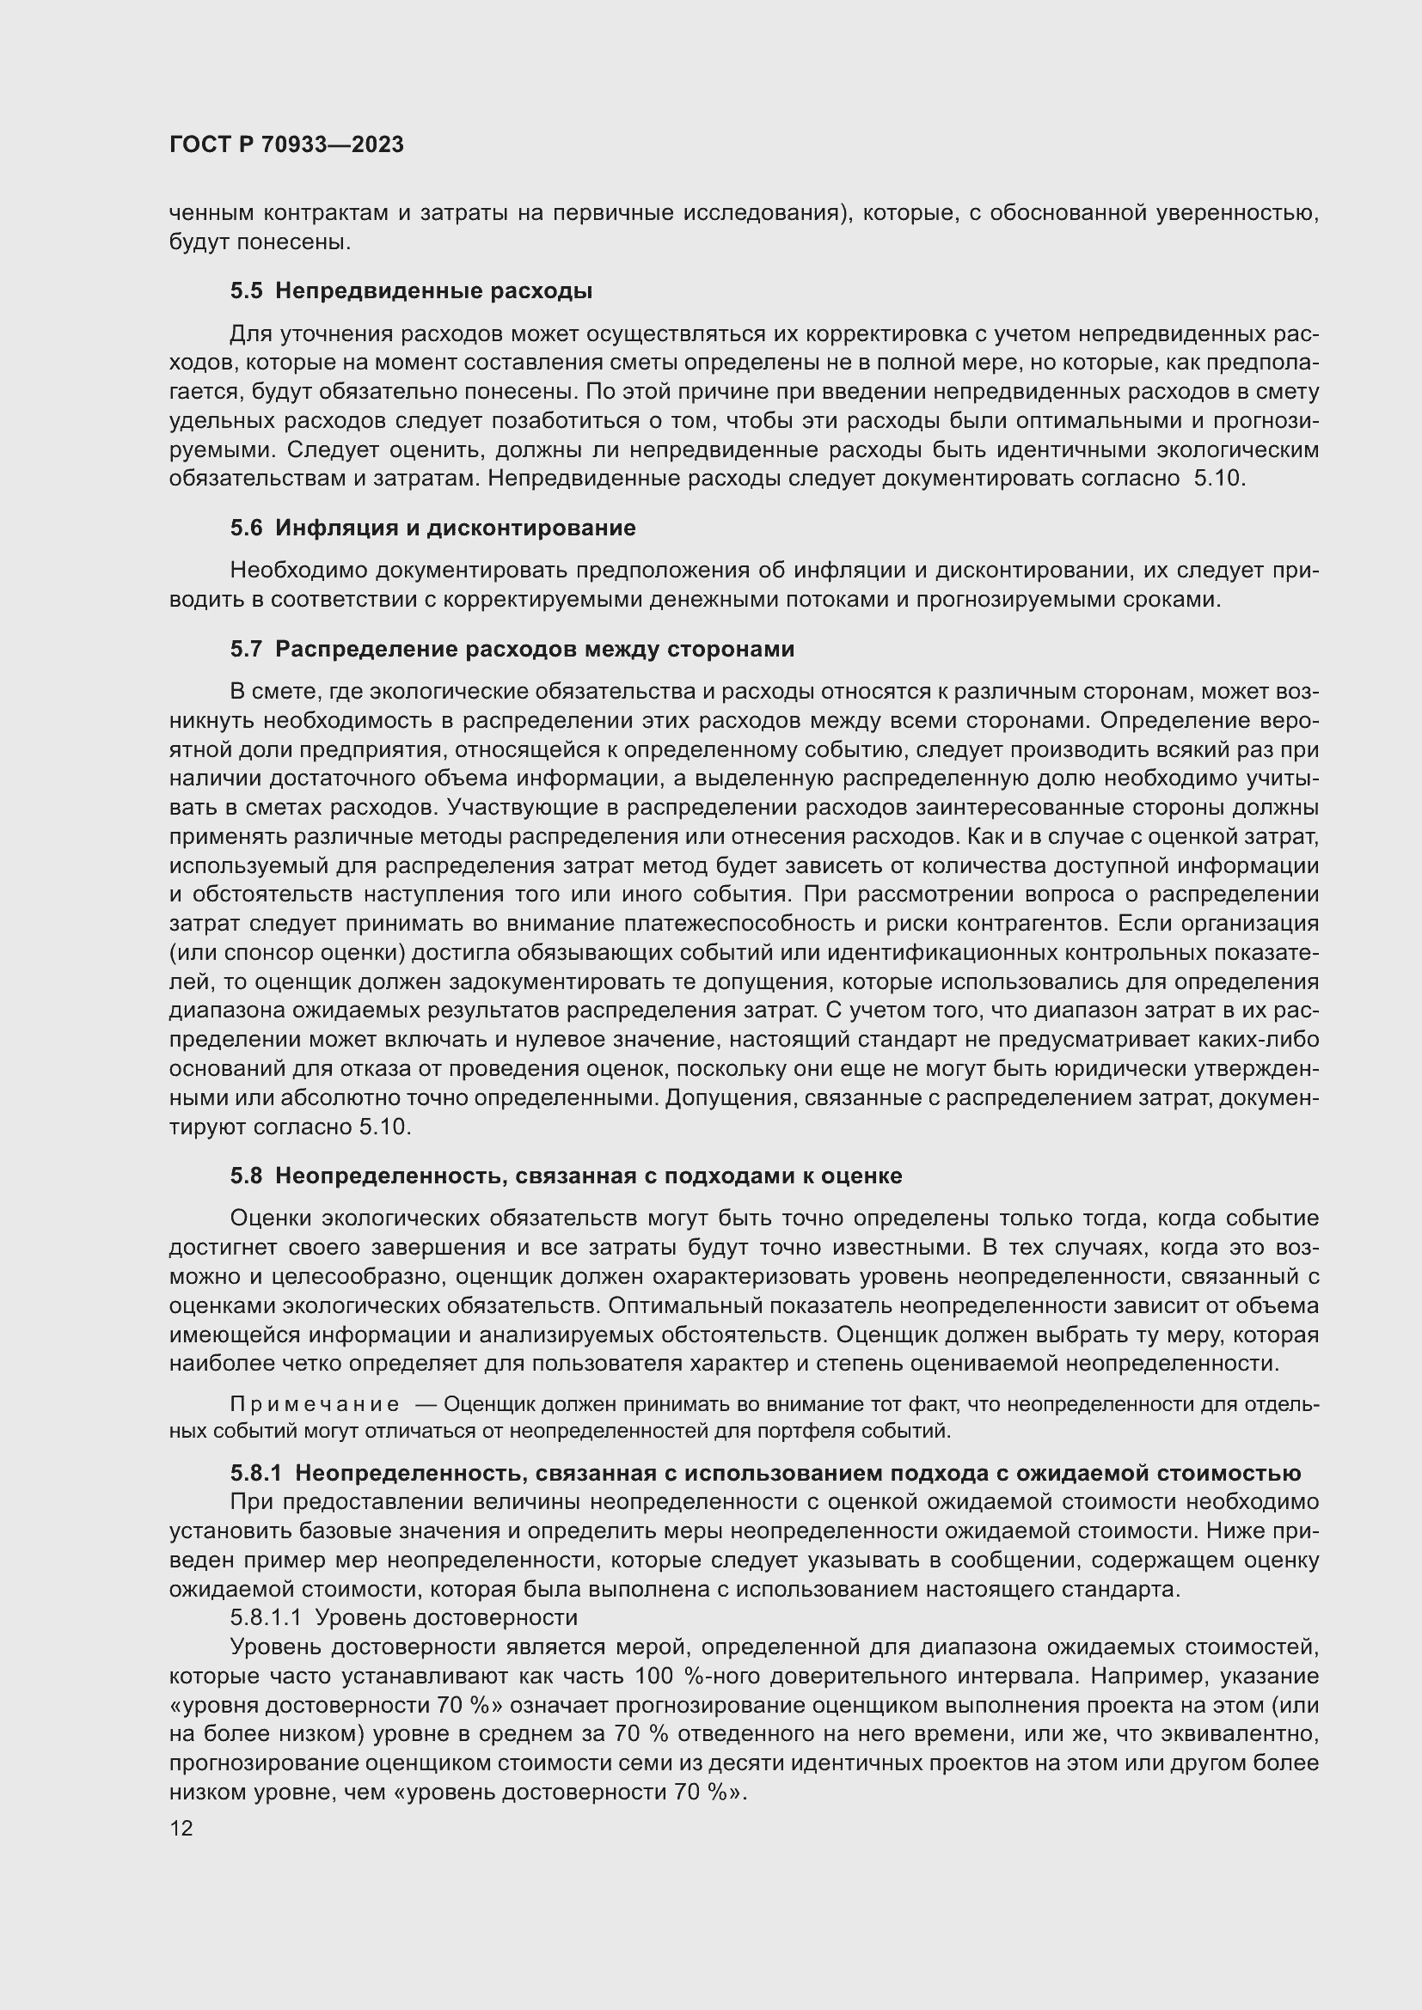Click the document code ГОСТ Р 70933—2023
[x=286, y=145]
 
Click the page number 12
[x=181, y=1828]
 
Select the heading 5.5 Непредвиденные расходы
[x=412, y=291]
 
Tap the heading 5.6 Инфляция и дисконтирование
[x=432, y=528]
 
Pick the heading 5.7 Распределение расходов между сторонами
[x=512, y=649]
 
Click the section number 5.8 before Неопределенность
[x=246, y=1176]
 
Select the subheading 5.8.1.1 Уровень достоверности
[x=404, y=1617]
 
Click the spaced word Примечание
[x=315, y=1405]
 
